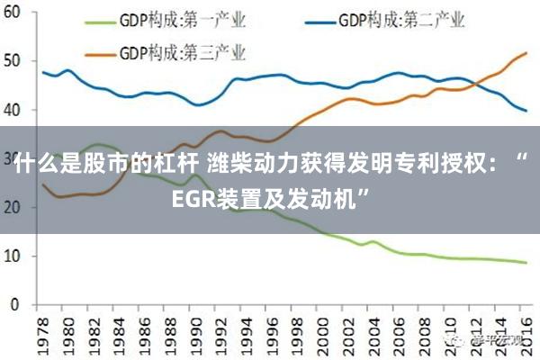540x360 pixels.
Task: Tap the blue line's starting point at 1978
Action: pos(43,72)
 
